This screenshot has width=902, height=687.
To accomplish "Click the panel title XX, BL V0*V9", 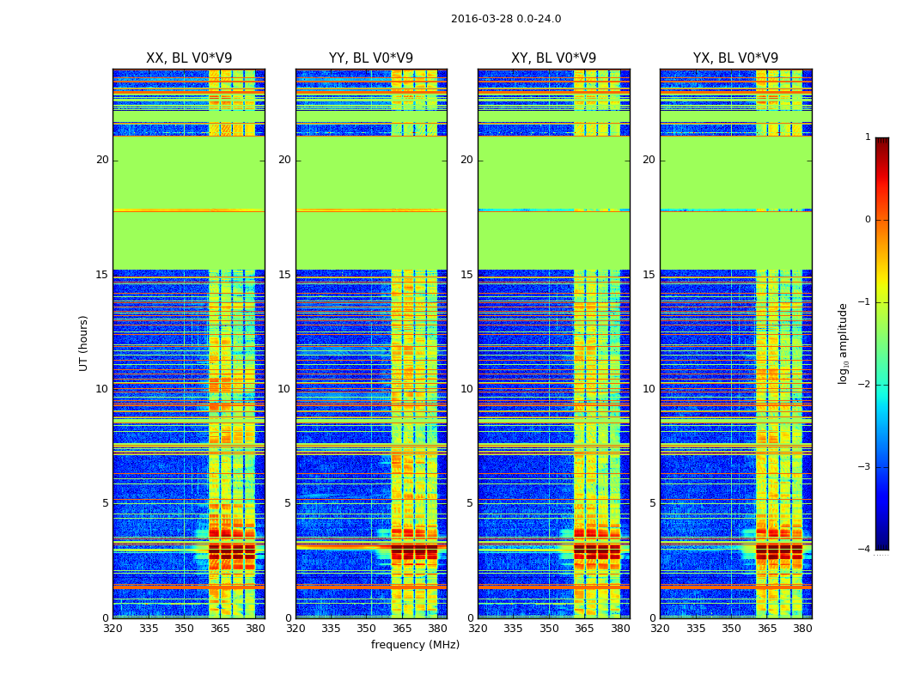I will point(189,58).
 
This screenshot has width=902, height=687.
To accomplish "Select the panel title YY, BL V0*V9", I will point(371,58).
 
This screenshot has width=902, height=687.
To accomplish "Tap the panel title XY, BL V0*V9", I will point(553,58).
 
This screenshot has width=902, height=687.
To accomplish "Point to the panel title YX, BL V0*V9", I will point(735,58).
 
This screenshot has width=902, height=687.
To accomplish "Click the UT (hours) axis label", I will point(84,343).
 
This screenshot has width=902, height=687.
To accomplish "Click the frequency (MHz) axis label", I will point(415,645).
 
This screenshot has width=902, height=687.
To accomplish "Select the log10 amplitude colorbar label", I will point(844,343).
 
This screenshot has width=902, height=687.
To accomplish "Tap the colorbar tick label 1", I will point(868,137).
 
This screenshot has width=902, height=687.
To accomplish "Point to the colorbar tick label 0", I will point(868,220).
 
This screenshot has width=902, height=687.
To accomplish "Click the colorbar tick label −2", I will point(866,385).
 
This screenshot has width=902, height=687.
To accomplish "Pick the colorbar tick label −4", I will point(866,550).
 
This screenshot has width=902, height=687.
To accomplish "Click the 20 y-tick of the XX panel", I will point(102,160).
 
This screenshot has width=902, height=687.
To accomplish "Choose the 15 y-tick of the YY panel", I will point(284,275).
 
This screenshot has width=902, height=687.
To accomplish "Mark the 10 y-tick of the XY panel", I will point(466,389).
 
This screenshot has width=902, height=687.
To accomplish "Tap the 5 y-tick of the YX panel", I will point(652,503).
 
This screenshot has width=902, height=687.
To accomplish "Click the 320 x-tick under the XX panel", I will point(113,629).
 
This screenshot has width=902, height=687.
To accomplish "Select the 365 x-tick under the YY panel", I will point(402,629).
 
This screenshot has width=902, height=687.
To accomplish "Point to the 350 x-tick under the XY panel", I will point(549,629).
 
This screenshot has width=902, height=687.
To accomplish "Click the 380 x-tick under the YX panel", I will point(802,629).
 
